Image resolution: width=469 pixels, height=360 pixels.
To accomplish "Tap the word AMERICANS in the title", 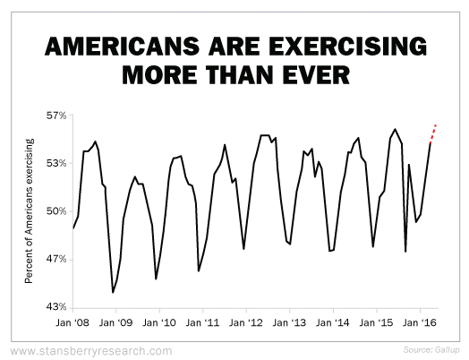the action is [x=122, y=46].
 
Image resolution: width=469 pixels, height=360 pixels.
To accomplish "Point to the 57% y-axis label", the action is [x=56, y=116].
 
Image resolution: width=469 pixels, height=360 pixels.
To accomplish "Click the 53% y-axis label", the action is [x=56, y=163].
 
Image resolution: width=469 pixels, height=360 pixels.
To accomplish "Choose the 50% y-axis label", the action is [x=56, y=211].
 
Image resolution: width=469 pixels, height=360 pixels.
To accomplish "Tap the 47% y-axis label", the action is [x=56, y=259].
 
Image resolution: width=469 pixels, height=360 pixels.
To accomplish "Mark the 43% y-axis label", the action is [x=56, y=307].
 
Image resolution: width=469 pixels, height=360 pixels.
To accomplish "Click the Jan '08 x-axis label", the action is [x=72, y=322].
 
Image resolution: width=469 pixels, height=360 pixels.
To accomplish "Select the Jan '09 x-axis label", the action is [x=115, y=322].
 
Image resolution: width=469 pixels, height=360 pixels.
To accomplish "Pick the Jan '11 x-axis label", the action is [x=202, y=322].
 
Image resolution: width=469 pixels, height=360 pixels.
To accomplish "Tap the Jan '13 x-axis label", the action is [x=289, y=322].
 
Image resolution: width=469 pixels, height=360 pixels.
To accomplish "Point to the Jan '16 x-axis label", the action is [x=420, y=322].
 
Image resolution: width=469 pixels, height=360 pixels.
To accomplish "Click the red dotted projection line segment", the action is [x=433, y=133].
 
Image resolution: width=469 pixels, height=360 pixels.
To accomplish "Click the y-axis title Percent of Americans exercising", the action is [x=29, y=211].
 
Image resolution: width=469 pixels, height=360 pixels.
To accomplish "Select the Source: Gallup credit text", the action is [x=431, y=349].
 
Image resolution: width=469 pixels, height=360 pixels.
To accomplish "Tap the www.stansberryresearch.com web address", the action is [x=91, y=351].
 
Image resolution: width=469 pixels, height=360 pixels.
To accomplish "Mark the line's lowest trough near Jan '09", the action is [x=113, y=292].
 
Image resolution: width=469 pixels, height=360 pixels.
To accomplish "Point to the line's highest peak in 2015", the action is [x=395, y=129].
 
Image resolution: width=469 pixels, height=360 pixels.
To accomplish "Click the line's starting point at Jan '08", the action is [x=73, y=228].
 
